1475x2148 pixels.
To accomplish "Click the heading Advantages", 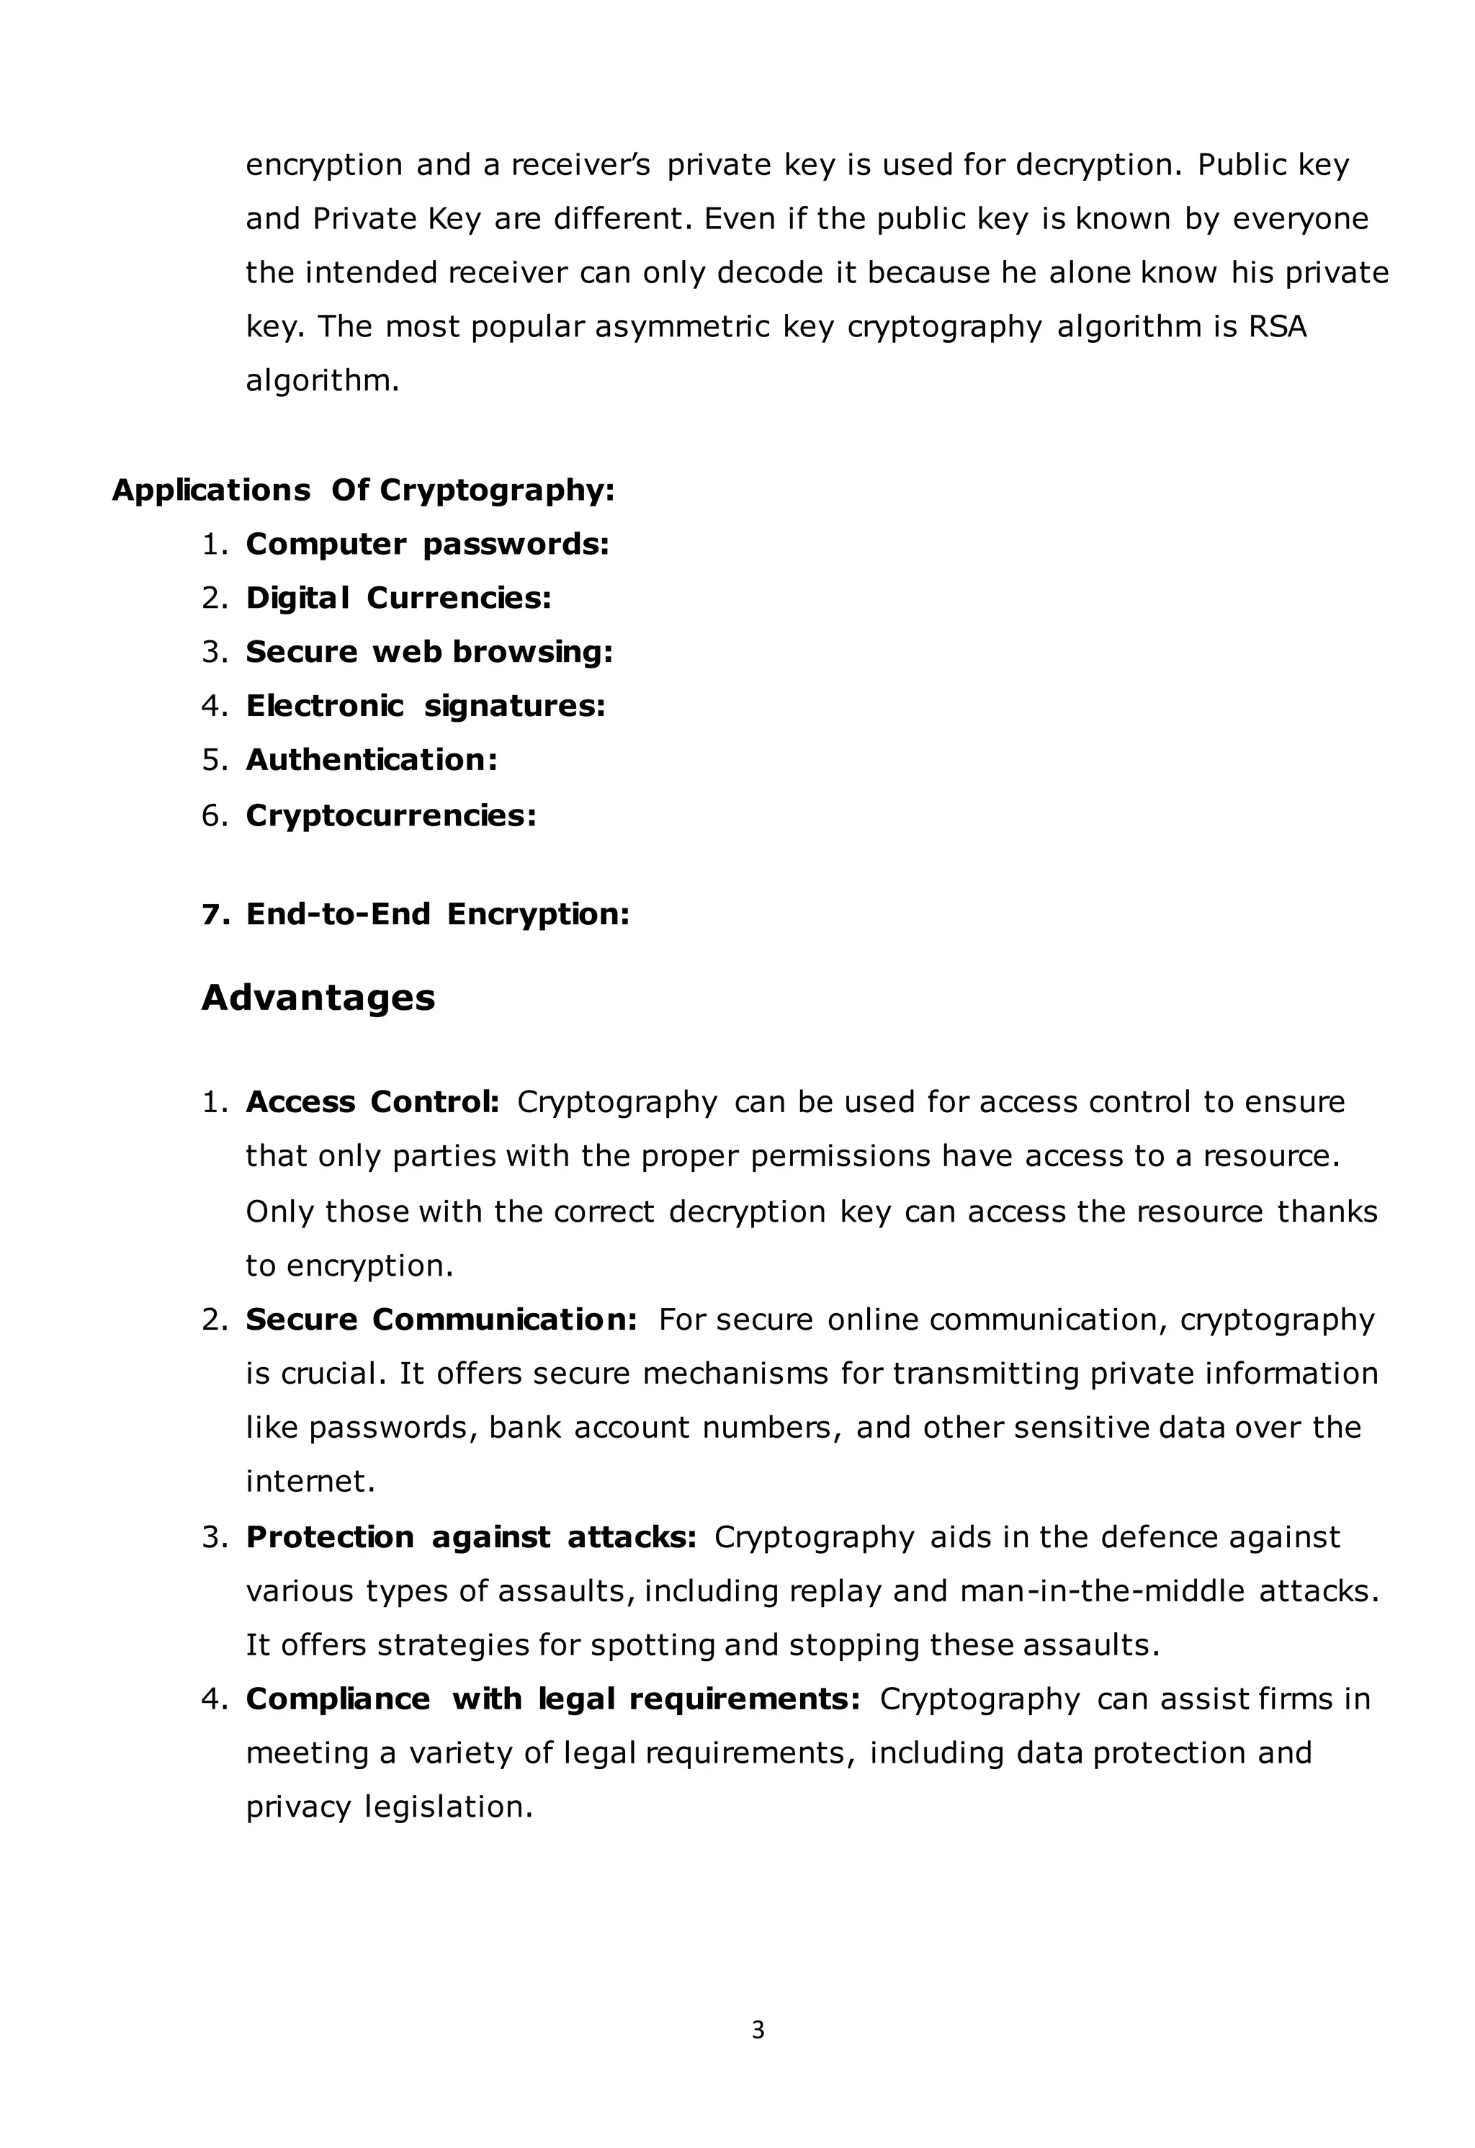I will (318, 997).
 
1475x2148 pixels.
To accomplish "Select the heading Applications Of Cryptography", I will (362, 490).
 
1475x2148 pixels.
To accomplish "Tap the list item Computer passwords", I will (426, 545).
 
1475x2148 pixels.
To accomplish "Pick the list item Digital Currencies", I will (398, 598).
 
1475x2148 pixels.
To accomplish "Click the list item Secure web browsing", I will (429, 652).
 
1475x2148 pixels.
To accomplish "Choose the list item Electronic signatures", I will (425, 706).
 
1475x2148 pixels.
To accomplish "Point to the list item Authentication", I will (371, 760).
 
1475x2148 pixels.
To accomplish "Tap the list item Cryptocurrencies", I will (390, 815).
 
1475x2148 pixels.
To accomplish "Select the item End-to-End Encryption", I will (437, 914).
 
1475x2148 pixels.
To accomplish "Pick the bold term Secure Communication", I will (441, 1319).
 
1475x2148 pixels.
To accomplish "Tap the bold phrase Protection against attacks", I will (470, 1537).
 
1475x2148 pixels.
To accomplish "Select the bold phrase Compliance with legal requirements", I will (552, 1699).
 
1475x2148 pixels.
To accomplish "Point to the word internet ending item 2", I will (310, 1482).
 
